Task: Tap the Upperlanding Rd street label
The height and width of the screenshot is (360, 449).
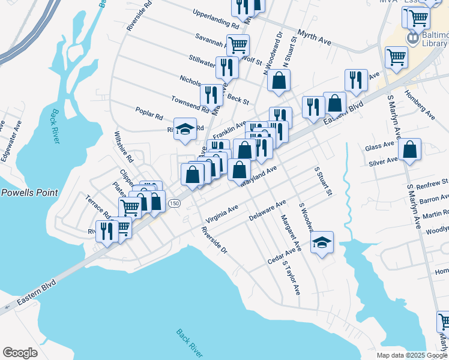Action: [215, 18]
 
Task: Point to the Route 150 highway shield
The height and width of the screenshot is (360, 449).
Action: [174, 203]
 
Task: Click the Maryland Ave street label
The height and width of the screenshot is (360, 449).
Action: [258, 175]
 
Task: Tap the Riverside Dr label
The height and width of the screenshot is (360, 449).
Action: [214, 239]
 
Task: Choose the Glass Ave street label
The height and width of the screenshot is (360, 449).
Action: [379, 146]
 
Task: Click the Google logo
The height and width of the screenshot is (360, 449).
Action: [20, 353]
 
